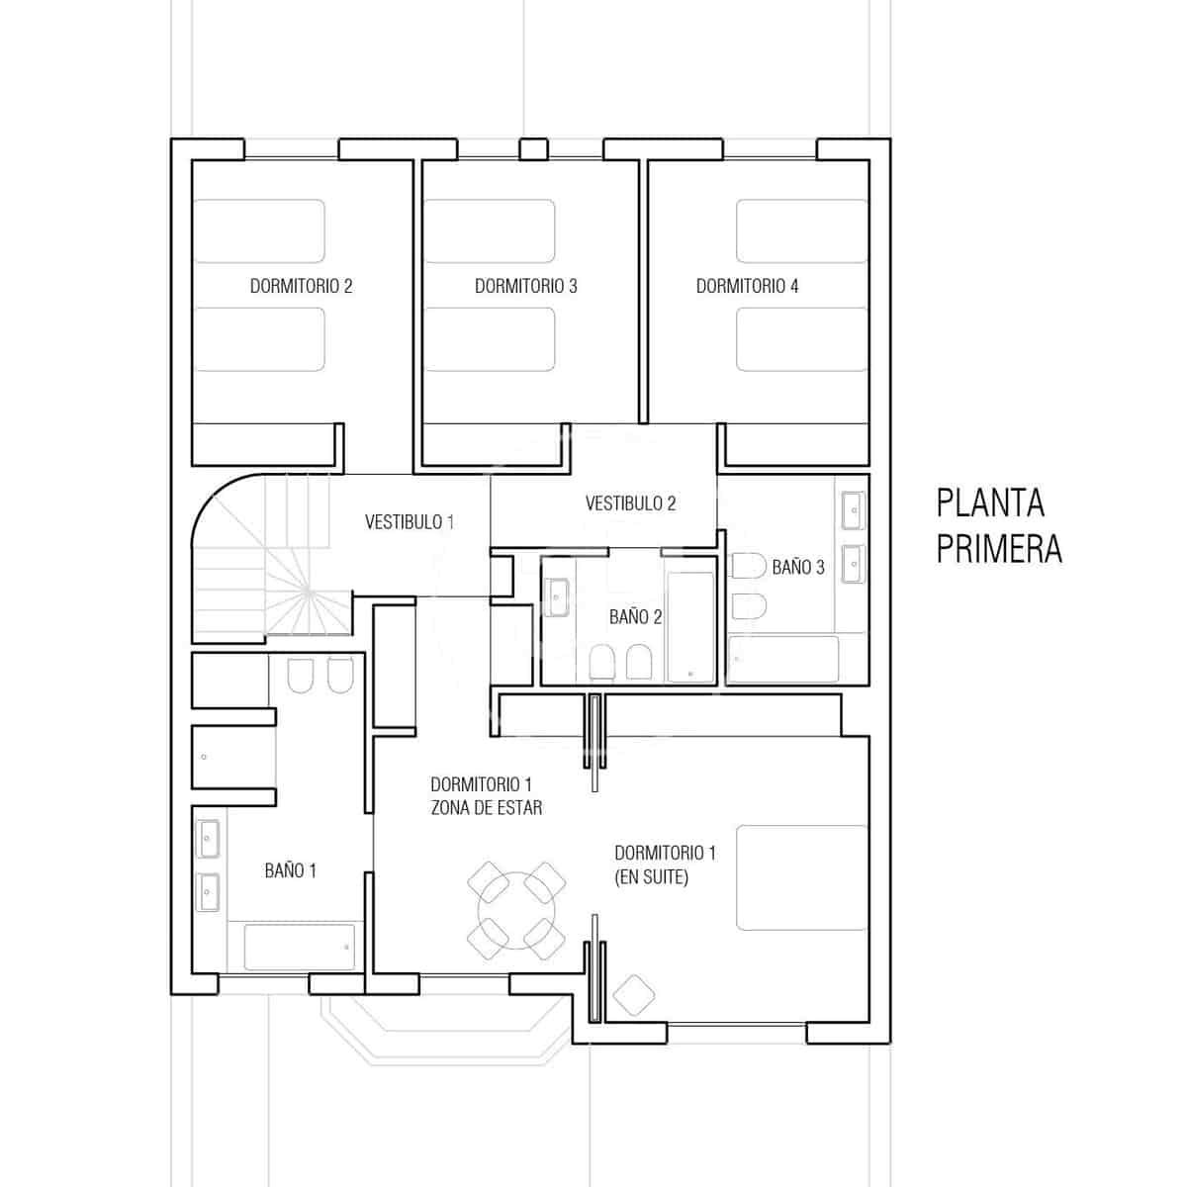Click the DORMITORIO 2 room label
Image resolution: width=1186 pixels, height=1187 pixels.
tap(301, 287)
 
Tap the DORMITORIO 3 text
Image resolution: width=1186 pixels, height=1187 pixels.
tap(525, 287)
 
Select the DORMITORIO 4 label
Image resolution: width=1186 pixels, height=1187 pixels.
tap(747, 287)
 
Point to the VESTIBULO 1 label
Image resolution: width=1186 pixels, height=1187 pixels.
tap(410, 521)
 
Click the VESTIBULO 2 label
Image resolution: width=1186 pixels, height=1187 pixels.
tap(630, 503)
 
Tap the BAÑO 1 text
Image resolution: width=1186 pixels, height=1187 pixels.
tap(290, 870)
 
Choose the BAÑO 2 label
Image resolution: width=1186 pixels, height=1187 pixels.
tap(635, 617)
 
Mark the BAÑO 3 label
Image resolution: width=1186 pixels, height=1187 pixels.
tap(797, 567)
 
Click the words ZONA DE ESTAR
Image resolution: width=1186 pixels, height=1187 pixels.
tap(486, 807)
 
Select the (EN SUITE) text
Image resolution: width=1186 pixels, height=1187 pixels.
tap(651, 876)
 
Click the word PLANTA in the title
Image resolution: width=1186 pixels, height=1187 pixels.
tap(990, 502)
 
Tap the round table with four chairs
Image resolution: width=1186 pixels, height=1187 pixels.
tap(516, 907)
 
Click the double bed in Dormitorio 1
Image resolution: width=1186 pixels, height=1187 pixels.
tap(801, 878)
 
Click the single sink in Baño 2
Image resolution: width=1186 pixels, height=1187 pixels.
tap(556, 597)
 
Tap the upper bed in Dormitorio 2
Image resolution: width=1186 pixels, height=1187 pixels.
tap(258, 231)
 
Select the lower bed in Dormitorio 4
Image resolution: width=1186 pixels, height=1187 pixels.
tap(802, 339)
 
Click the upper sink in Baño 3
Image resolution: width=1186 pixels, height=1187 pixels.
tap(852, 511)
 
